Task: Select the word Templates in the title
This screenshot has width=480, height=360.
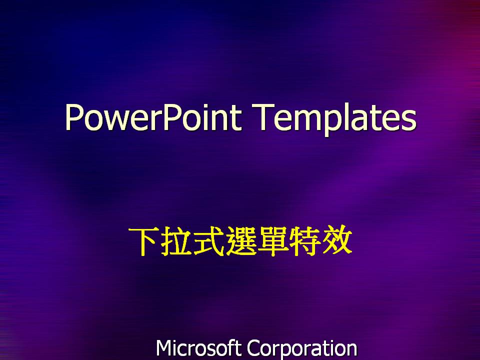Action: [335, 118]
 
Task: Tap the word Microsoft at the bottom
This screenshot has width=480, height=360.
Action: [198, 348]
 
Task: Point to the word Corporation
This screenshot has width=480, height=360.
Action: [302, 348]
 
